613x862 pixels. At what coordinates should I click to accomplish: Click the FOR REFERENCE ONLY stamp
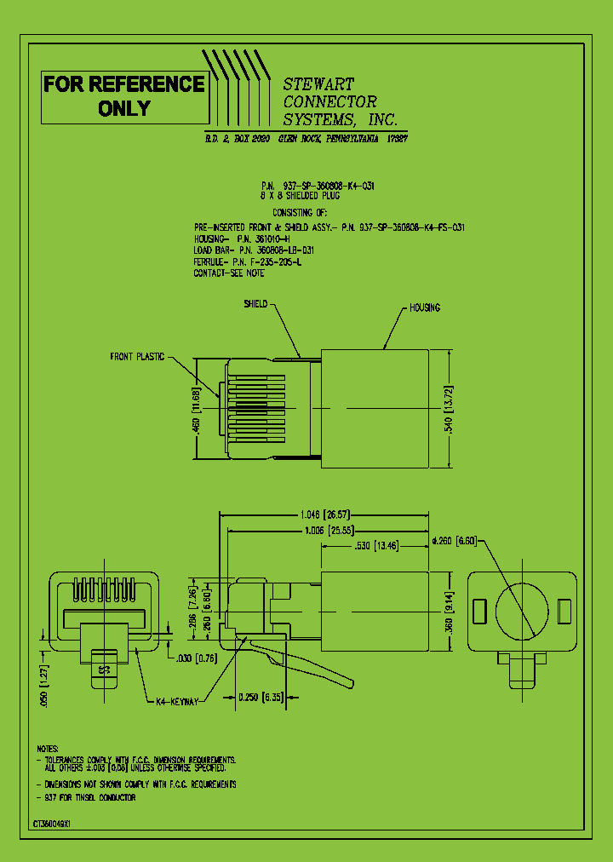(124, 96)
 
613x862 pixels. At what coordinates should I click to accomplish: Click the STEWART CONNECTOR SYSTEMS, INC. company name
(339, 101)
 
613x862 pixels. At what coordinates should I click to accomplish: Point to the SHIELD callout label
(255, 304)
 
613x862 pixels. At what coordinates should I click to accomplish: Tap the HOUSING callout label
(425, 307)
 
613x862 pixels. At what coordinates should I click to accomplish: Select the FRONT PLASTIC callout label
(136, 357)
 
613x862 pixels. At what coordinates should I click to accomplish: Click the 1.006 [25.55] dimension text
(326, 530)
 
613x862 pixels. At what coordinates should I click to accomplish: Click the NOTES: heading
(48, 747)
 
